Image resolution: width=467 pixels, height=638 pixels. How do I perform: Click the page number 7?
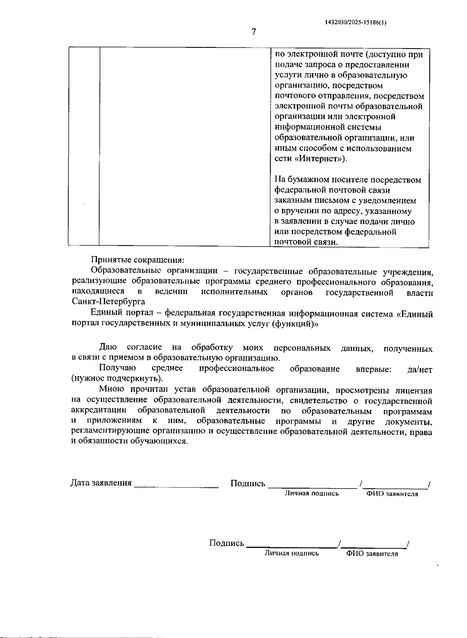[x=254, y=32]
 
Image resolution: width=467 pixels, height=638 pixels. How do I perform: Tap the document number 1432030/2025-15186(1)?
[x=356, y=22]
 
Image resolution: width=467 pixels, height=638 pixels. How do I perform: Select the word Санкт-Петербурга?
[x=108, y=301]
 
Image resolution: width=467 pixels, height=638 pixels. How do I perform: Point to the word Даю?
[x=108, y=347]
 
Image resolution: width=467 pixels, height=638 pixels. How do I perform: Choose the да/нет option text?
[x=420, y=370]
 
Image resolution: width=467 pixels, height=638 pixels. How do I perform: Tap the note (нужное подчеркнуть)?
[x=117, y=379]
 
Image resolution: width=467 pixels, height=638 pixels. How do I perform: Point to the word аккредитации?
[x=99, y=411]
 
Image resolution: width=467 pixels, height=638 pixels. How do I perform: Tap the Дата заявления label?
[x=101, y=483]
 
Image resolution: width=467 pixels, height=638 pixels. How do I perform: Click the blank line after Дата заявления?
[x=176, y=486]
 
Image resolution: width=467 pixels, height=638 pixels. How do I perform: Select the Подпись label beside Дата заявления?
[x=248, y=484]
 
